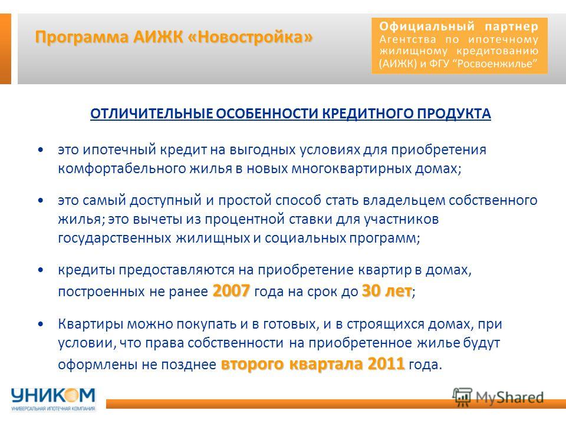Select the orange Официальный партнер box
point(459,45)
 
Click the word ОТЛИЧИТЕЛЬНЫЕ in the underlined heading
point(152,114)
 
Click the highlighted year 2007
point(231,290)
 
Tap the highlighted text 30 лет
point(387,290)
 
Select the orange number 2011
point(386,363)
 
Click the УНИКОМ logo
point(53,399)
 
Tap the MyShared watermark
point(498,397)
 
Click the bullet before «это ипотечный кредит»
point(41,149)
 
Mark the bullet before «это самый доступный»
point(41,200)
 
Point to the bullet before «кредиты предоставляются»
point(41,269)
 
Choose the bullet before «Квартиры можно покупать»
point(41,324)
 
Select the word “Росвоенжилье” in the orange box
point(498,64)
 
